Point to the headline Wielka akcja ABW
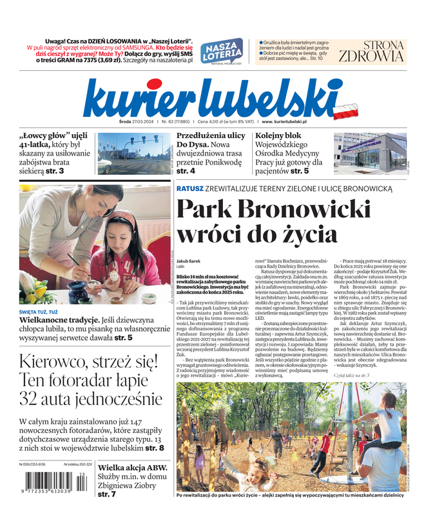point(132,468)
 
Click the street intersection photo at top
point(133,154)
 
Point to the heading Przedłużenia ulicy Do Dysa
point(211,141)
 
